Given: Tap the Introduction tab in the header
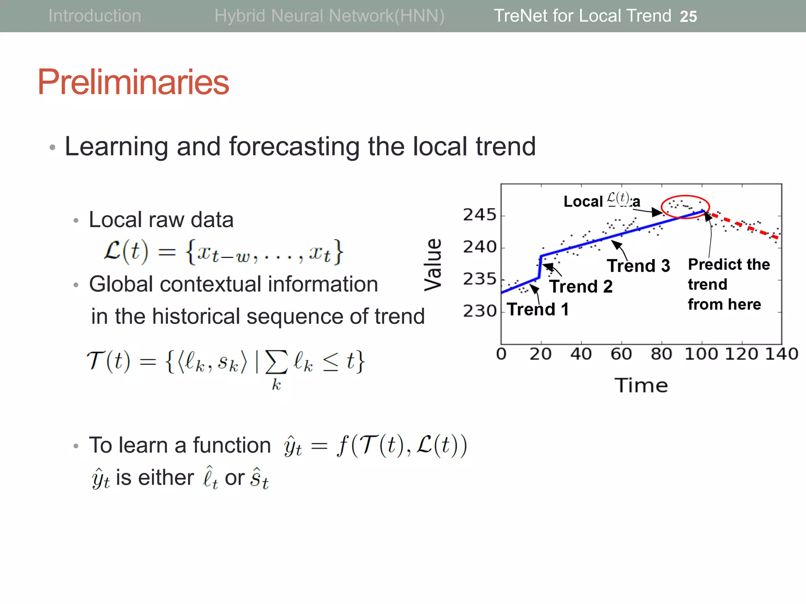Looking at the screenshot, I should point(94,16).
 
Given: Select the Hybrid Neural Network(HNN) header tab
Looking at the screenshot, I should point(329,16).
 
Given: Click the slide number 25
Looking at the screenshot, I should point(688,17).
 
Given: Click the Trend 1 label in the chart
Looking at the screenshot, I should point(538,309).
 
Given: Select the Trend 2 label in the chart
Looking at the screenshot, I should point(581,287).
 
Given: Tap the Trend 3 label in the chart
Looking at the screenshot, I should point(638,266).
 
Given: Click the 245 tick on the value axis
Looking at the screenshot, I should point(479,215).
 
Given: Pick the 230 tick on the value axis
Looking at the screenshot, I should point(479,311).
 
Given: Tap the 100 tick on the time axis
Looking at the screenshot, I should point(701,354).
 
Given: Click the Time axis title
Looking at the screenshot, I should point(641,385).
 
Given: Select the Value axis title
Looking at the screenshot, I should point(433,265).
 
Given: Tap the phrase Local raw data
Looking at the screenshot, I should point(161,219).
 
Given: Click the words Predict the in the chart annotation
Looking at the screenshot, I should point(729,264).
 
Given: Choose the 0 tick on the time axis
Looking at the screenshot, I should point(501,354).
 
